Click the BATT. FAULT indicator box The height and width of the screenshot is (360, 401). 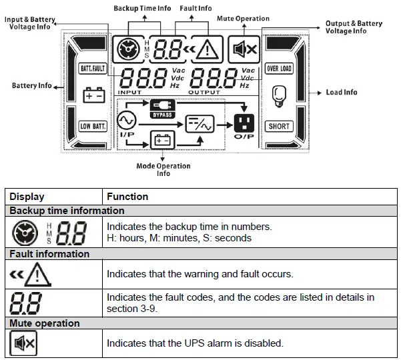(93, 69)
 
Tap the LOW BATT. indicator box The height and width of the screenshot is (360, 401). (93, 126)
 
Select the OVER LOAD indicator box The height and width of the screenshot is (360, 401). (279, 69)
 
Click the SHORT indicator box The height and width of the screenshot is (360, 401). (279, 126)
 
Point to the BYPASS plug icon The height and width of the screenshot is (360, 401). (163, 107)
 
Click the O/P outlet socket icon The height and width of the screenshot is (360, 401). (244, 123)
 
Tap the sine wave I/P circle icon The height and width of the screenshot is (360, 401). (126, 121)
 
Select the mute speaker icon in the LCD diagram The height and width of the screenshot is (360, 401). (243, 49)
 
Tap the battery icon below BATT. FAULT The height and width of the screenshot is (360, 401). (93, 95)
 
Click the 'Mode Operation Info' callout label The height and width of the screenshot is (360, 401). (163, 170)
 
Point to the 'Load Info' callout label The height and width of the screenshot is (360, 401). (341, 92)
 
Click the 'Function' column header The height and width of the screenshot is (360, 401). (127, 197)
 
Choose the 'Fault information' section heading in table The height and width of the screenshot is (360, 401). (49, 254)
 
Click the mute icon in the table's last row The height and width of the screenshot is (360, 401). (24, 344)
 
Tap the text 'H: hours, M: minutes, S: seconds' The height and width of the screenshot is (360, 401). (179, 238)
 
